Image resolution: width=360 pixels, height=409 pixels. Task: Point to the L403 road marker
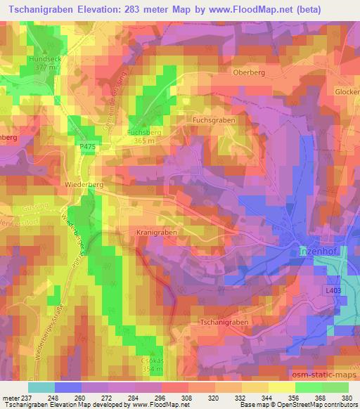coord(333,290)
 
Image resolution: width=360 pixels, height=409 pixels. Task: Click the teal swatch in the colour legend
coord(41,387)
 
